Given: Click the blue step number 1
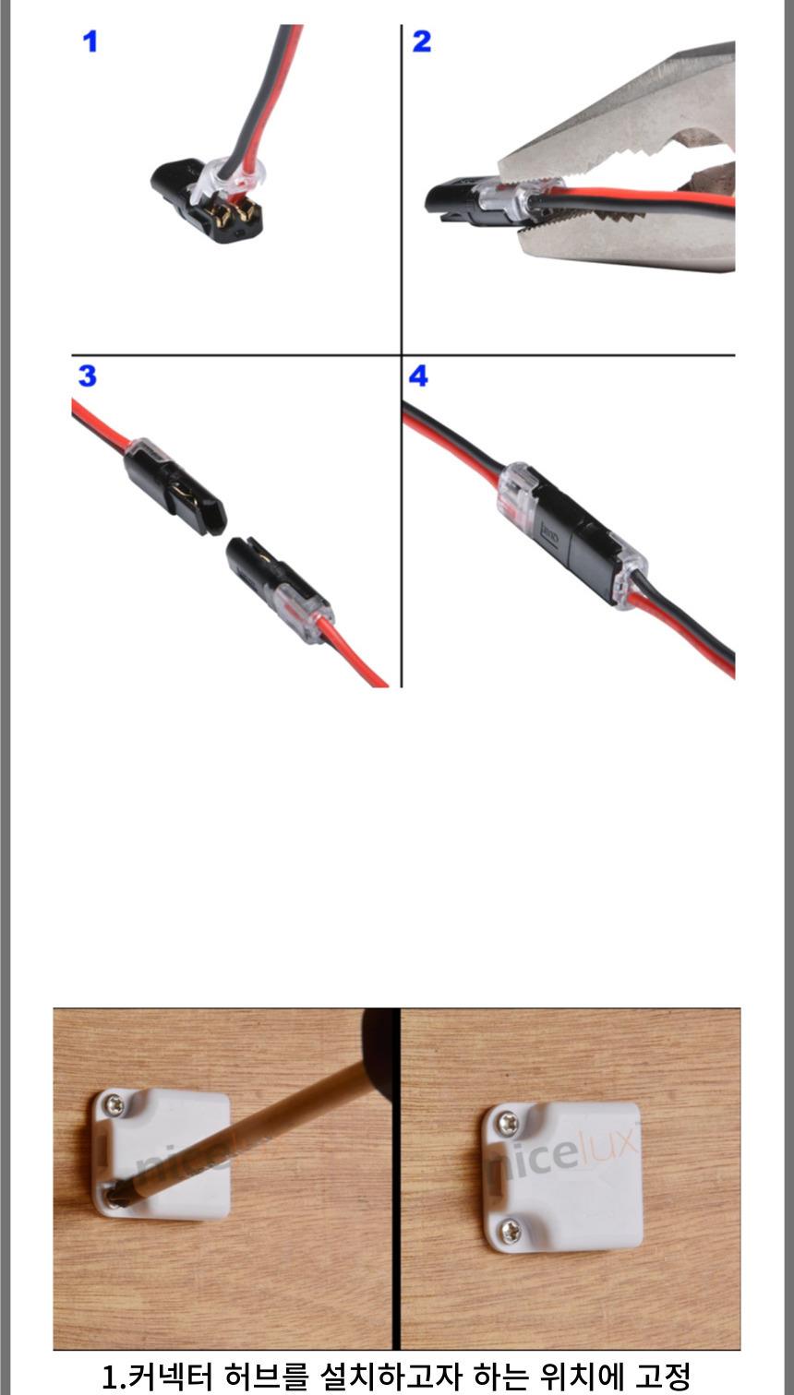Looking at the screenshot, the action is pyautogui.click(x=90, y=42).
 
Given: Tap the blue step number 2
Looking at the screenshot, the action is pyautogui.click(x=422, y=42).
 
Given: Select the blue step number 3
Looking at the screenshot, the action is pyautogui.click(x=88, y=376).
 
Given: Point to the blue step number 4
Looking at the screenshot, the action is pyautogui.click(x=418, y=376).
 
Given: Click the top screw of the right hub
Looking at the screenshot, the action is pyautogui.click(x=506, y=1122).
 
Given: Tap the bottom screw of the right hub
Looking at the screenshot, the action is pyautogui.click(x=511, y=1230).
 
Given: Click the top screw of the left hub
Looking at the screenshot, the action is pyautogui.click(x=114, y=1105).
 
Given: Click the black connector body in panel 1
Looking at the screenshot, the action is pyautogui.click(x=205, y=201).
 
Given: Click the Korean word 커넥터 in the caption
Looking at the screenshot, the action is pyautogui.click(x=158, y=1376).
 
